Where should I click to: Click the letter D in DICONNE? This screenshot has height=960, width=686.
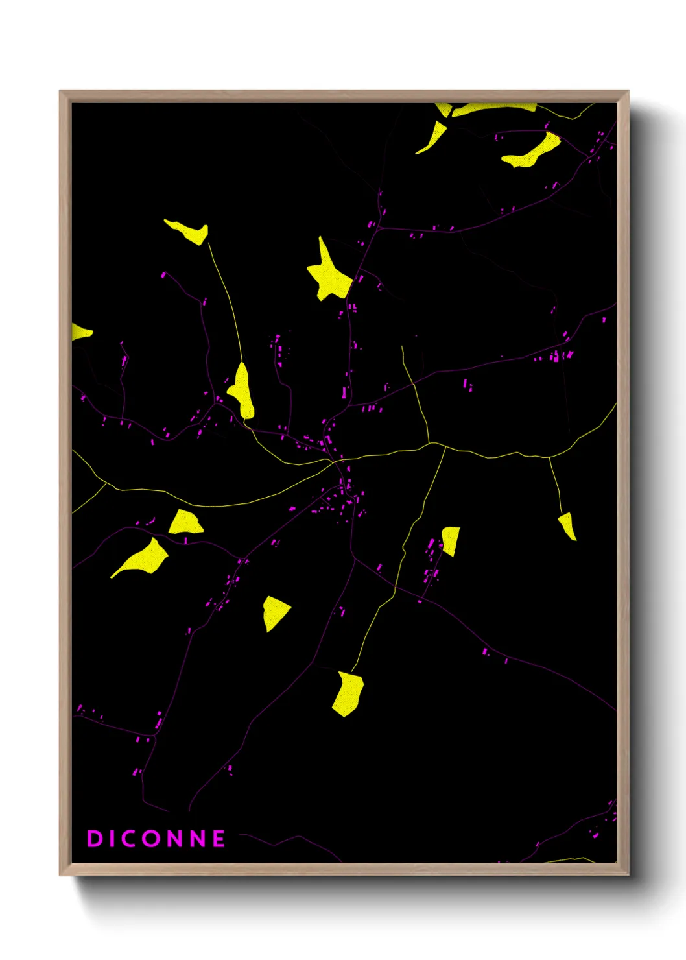95,839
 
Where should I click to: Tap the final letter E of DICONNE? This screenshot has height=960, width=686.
219,839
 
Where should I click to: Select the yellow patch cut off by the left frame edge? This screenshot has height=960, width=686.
80,333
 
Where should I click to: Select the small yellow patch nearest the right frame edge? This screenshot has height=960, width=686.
567,525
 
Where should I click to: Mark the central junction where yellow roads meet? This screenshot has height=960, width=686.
335,461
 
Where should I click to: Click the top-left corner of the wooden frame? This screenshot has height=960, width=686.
61,92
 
